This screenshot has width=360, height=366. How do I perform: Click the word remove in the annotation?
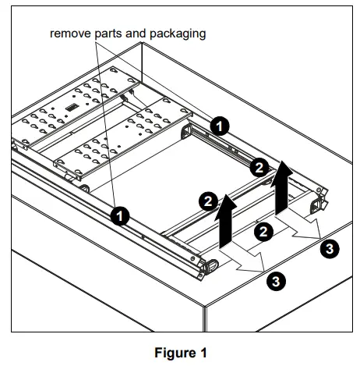(70, 34)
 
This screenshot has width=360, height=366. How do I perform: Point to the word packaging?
(178, 34)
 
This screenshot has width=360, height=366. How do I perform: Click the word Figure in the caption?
(175, 354)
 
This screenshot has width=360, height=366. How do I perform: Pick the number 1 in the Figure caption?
(203, 353)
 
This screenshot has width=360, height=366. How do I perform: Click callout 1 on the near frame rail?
(120, 216)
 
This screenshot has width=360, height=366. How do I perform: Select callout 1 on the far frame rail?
(220, 126)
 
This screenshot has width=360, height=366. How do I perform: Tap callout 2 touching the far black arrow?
(259, 168)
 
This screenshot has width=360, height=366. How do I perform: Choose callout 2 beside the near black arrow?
(208, 201)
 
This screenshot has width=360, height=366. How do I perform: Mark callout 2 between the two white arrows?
(263, 232)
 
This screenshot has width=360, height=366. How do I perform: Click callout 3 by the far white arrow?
(330, 249)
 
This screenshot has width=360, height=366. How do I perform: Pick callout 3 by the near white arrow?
(276, 282)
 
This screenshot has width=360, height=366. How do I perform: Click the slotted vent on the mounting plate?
(70, 108)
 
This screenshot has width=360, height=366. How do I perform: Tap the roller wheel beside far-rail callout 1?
(187, 132)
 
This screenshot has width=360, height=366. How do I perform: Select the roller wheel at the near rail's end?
(212, 266)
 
